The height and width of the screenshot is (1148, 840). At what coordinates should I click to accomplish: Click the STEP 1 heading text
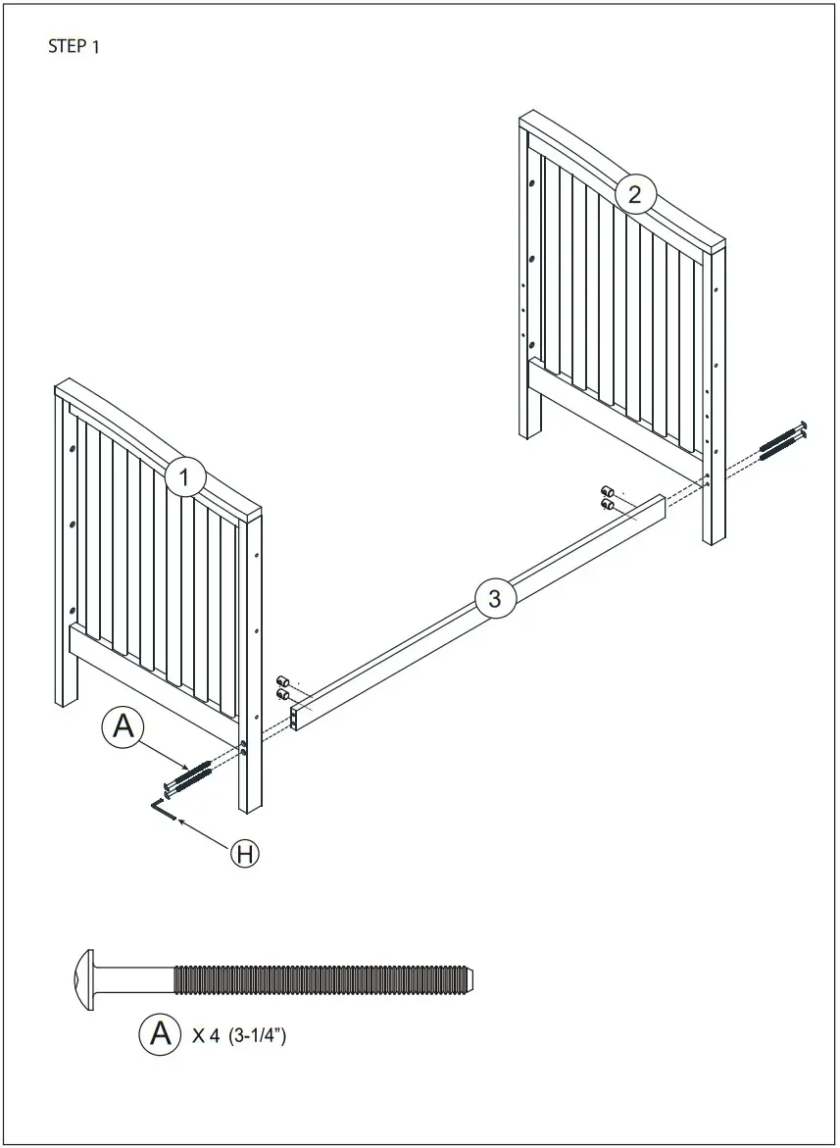[74, 46]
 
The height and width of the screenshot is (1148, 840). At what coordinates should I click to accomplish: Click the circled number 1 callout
[184, 479]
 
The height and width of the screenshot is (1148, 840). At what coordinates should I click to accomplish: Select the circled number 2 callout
[635, 194]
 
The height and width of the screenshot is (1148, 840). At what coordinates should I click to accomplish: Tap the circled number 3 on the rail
[494, 598]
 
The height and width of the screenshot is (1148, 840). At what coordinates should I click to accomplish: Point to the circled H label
[245, 853]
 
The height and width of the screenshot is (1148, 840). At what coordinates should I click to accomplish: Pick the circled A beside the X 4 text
[160, 1034]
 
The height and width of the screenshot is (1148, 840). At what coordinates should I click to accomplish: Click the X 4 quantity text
[205, 1035]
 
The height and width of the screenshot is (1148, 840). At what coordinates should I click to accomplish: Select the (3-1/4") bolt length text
[257, 1035]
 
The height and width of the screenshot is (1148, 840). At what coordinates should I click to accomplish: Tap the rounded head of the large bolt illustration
[83, 978]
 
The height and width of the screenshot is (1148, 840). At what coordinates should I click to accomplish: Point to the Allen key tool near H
[163, 810]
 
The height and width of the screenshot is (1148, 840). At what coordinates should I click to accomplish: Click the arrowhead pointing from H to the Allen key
[177, 820]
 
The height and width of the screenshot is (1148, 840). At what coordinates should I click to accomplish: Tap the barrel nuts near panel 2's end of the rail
[608, 497]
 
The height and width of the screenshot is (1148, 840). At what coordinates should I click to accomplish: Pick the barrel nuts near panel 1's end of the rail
[283, 686]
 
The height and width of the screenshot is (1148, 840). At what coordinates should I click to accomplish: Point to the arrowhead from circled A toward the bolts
[182, 764]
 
